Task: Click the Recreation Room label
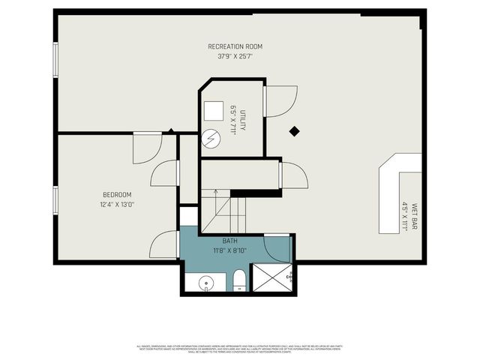(x=235, y=46)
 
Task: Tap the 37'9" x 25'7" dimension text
(x=235, y=55)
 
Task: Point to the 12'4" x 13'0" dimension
(x=117, y=204)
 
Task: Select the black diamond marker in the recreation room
(x=295, y=130)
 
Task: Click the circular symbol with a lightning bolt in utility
(x=211, y=139)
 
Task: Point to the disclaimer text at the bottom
(x=240, y=348)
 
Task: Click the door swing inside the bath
(x=277, y=247)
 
